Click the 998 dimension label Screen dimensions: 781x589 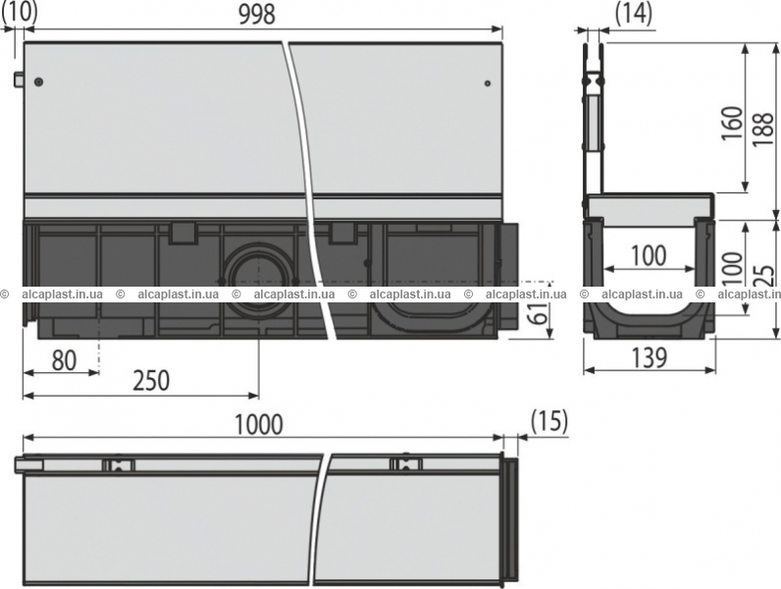(257, 16)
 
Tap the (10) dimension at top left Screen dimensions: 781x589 (20, 11)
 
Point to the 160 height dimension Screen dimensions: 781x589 (732, 123)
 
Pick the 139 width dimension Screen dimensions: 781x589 (650, 357)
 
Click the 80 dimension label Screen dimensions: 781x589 (64, 360)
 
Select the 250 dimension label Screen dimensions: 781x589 (151, 380)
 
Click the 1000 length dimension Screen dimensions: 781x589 (258, 425)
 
